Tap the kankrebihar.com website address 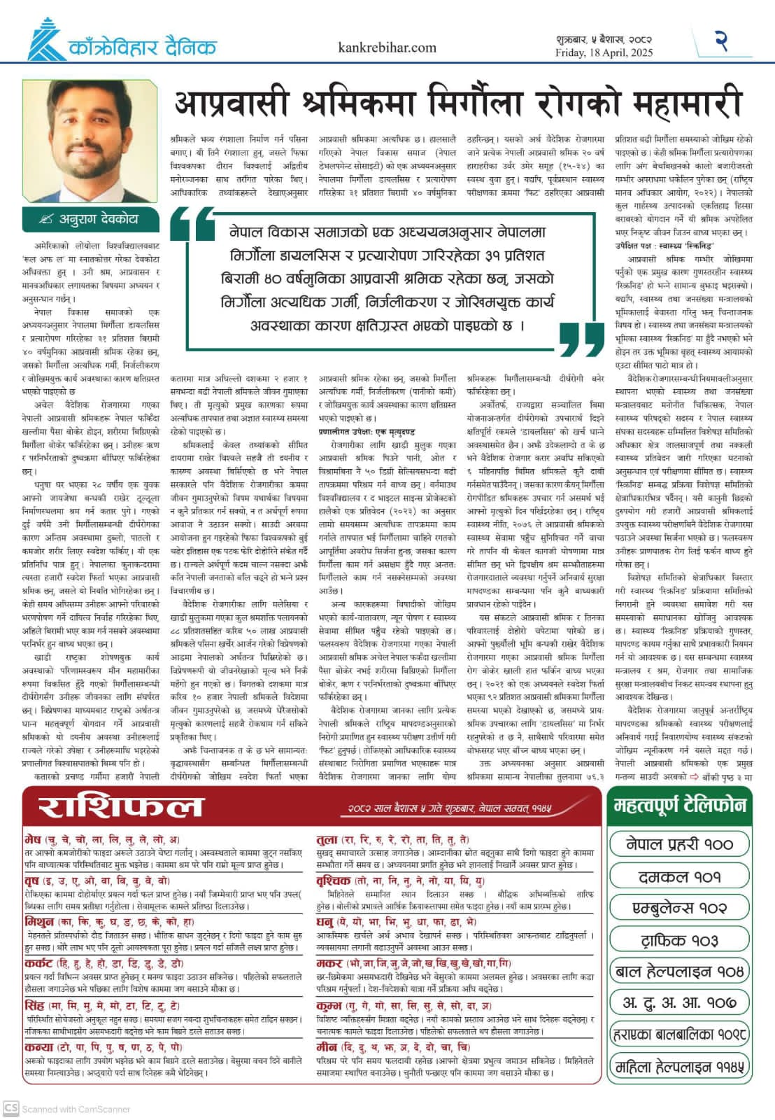coord(387,48)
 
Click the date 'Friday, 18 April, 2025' coord(604,52)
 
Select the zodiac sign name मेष coord(33,839)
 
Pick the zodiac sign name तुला coord(327,839)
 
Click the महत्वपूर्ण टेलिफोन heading coord(680,805)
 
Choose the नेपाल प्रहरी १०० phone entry coord(679,844)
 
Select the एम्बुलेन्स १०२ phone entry coord(679,908)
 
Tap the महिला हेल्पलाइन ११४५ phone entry coord(679,1067)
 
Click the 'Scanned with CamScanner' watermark coord(68,1109)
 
